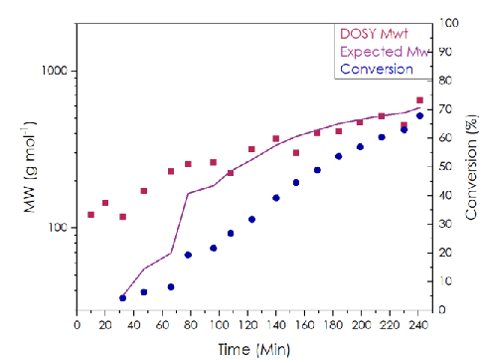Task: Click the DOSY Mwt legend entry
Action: (x=374, y=34)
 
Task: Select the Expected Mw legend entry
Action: (x=386, y=52)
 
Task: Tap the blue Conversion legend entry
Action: (x=377, y=70)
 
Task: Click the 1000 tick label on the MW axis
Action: (x=55, y=71)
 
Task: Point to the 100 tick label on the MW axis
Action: (x=58, y=228)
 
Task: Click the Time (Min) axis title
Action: (x=254, y=350)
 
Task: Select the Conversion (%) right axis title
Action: (x=471, y=167)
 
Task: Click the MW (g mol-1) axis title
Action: (x=30, y=167)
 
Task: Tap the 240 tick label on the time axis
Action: (x=418, y=325)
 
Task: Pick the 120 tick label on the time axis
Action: (x=248, y=325)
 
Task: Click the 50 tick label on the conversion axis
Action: (x=446, y=166)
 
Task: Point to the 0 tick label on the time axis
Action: (x=77, y=325)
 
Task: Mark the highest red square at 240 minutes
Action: (x=419, y=100)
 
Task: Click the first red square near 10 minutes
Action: (x=90, y=215)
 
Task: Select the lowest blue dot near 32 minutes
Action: (x=122, y=298)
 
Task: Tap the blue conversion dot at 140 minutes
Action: (x=276, y=198)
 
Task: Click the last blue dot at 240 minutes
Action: (x=419, y=115)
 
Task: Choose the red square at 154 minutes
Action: (x=296, y=153)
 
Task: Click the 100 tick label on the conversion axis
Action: (x=449, y=23)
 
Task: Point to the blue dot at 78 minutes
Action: (x=188, y=255)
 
